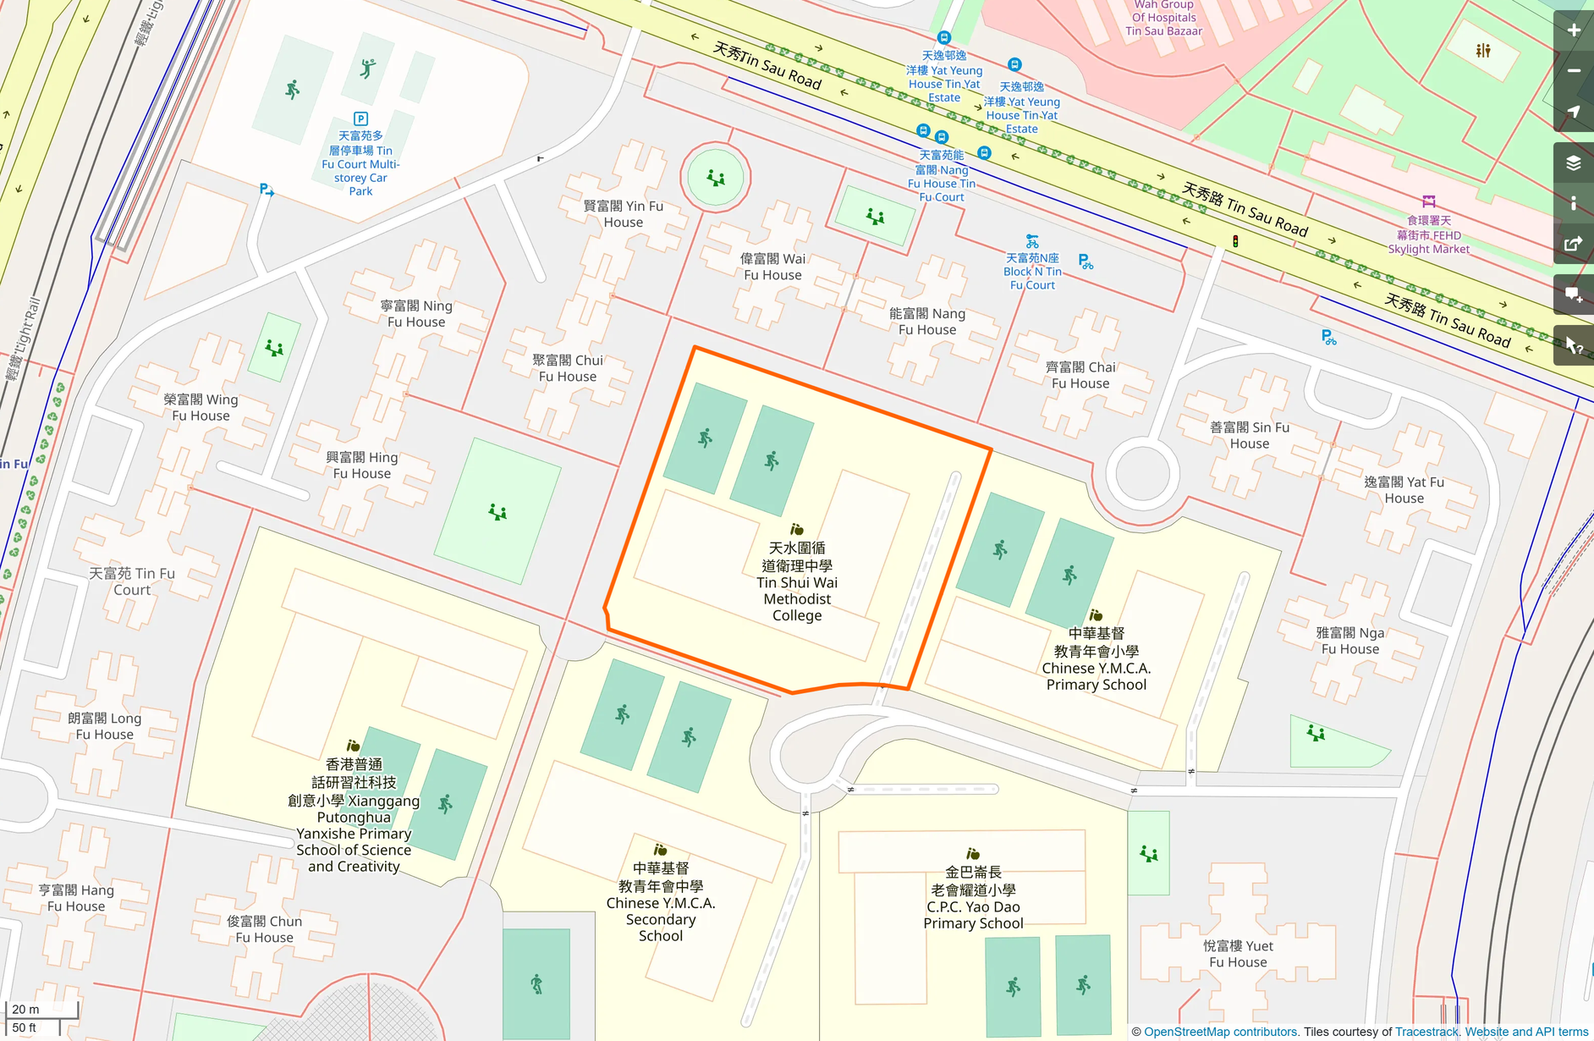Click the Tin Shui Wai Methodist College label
(x=796, y=581)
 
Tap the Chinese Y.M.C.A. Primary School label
(x=1096, y=658)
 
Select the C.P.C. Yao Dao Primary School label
(x=973, y=897)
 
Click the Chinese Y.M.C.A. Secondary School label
(x=661, y=901)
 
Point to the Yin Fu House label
(x=624, y=214)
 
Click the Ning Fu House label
(x=416, y=313)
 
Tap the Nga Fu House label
(x=1350, y=641)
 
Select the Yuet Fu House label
(x=1238, y=954)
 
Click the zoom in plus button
(x=1574, y=30)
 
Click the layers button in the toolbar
(x=1574, y=162)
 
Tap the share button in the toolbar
(x=1574, y=245)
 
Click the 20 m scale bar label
(x=26, y=1009)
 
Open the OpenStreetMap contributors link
(x=1220, y=1032)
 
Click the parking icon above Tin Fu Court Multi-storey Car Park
(x=360, y=119)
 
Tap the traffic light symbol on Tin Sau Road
(x=1235, y=242)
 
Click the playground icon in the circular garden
(x=716, y=178)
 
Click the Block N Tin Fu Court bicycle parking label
(x=1032, y=271)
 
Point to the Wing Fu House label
(x=201, y=407)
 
